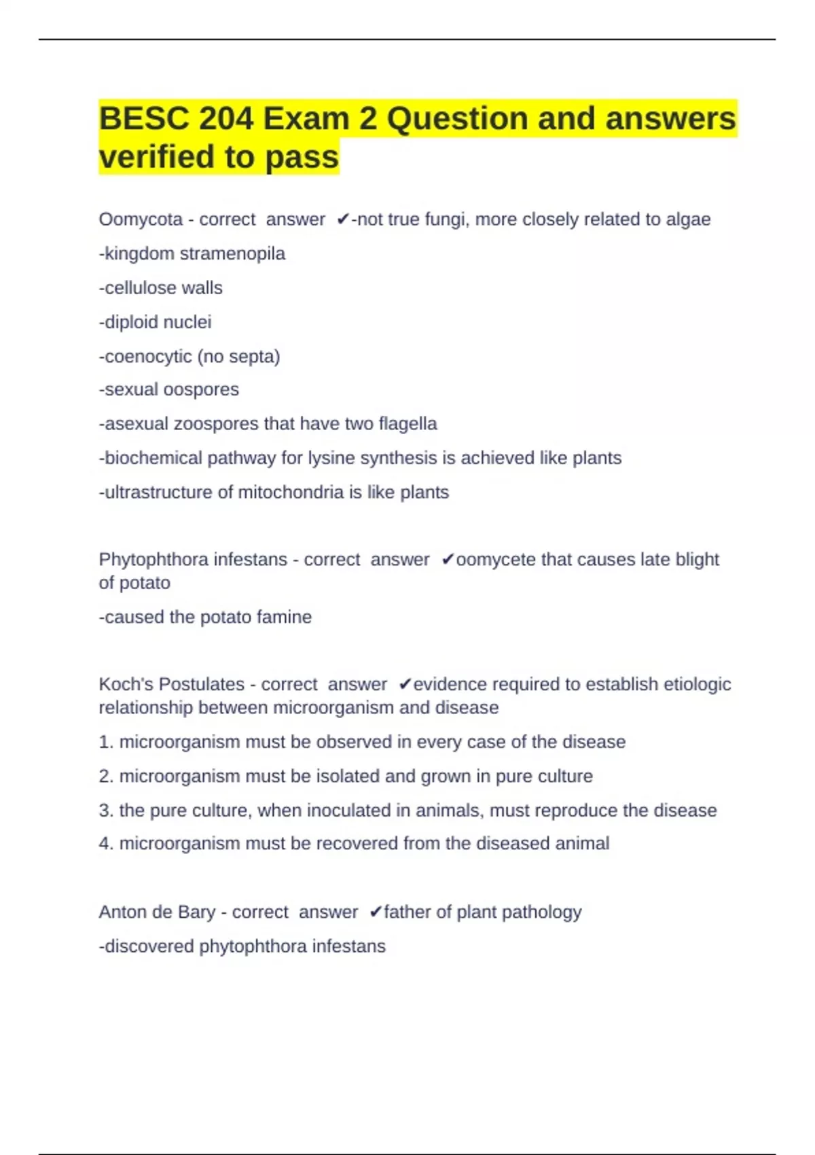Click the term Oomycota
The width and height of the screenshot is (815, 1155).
pyautogui.click(x=141, y=219)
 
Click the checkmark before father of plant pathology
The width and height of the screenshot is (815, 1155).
pyautogui.click(x=376, y=912)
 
